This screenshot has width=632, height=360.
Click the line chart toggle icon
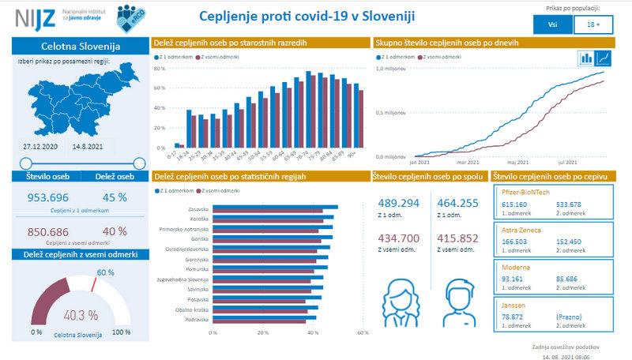[604, 58]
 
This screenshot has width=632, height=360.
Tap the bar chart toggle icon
[587, 58]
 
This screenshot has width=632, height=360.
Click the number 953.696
[48, 197]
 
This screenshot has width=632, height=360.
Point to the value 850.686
[48, 231]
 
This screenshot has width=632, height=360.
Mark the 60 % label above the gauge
[105, 272]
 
